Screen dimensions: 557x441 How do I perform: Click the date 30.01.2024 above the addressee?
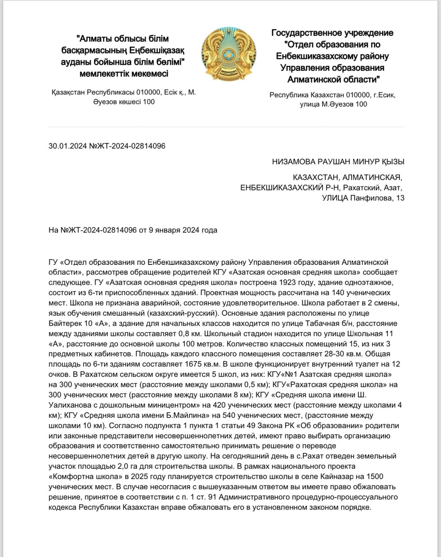[x=67, y=146]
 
